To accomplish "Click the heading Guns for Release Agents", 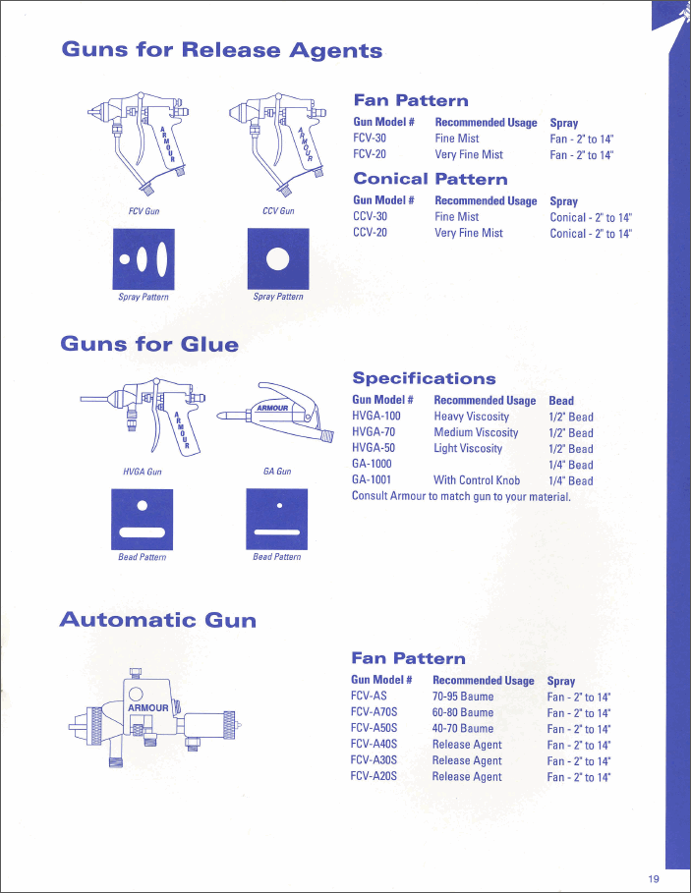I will pyautogui.click(x=221, y=50).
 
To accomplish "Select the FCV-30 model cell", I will pyautogui.click(x=370, y=139).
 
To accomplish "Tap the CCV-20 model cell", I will pyautogui.click(x=370, y=233).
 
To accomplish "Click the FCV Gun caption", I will pyautogui.click(x=144, y=211).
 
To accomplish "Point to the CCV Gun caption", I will pyautogui.click(x=278, y=211).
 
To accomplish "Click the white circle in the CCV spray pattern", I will pyautogui.click(x=278, y=258).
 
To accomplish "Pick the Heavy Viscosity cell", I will pyautogui.click(x=471, y=417).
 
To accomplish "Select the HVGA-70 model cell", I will pyautogui.click(x=374, y=432).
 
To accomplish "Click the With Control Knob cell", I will pyautogui.click(x=477, y=480).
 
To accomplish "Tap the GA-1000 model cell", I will pyautogui.click(x=372, y=465).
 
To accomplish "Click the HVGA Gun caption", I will pyautogui.click(x=143, y=472).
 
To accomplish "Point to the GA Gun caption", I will pyautogui.click(x=277, y=472).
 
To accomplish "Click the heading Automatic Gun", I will pyautogui.click(x=157, y=620).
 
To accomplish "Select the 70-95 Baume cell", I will pyautogui.click(x=463, y=697).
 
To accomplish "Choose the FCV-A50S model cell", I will pyautogui.click(x=374, y=729).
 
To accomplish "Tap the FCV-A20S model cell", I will pyautogui.click(x=374, y=776).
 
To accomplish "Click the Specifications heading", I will pyautogui.click(x=424, y=378).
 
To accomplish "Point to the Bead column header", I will pyautogui.click(x=561, y=401).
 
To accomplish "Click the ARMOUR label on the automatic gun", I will pyautogui.click(x=148, y=707).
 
